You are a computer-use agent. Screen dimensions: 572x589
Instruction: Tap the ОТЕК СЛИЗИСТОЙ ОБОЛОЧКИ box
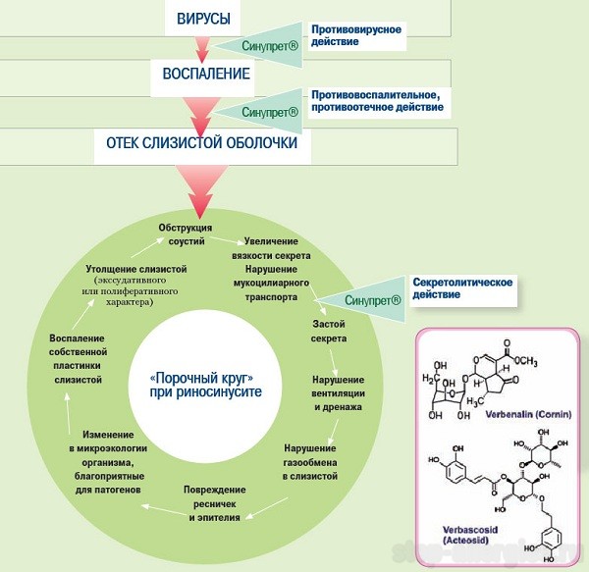(x=200, y=143)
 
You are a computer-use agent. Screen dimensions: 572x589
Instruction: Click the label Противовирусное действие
(x=356, y=35)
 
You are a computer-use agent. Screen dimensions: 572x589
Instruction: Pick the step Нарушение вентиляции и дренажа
(x=337, y=392)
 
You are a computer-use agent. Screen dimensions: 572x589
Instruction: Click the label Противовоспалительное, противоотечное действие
(x=374, y=102)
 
